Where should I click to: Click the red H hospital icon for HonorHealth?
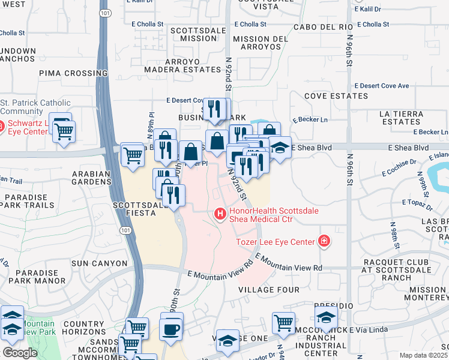[x=220, y=213]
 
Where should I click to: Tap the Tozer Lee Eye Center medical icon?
[x=324, y=241]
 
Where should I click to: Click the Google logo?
[x=20, y=353]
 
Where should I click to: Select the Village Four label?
[x=268, y=290]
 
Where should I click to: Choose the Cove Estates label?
[x=335, y=96]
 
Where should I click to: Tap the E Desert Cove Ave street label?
[x=381, y=86]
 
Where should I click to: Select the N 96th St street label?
[x=349, y=60]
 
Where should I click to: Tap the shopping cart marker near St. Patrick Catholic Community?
[x=64, y=130]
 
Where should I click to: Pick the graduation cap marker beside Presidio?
[x=326, y=317]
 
